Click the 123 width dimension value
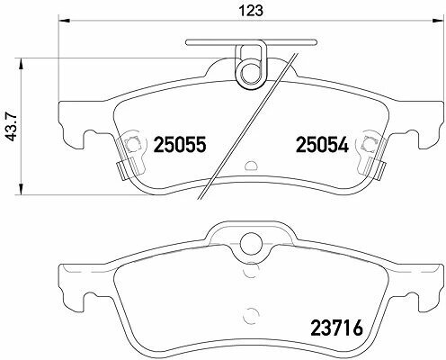coord(251,11)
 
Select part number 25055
coord(180,144)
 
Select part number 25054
coord(322,144)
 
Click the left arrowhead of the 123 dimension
coord(65,21)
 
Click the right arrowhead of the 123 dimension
coord(438,21)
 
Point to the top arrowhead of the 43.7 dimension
coord(21,64)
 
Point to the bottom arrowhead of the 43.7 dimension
coord(21,189)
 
